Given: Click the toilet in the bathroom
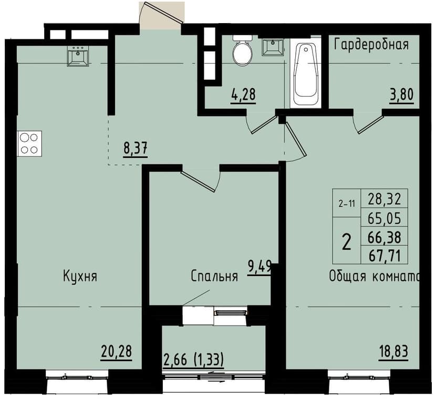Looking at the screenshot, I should [242, 51].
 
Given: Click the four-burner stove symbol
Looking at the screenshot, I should [29, 143].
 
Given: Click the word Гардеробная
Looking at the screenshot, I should [371, 44].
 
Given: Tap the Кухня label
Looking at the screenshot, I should [79, 276].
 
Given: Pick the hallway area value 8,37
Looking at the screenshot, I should [135, 148].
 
